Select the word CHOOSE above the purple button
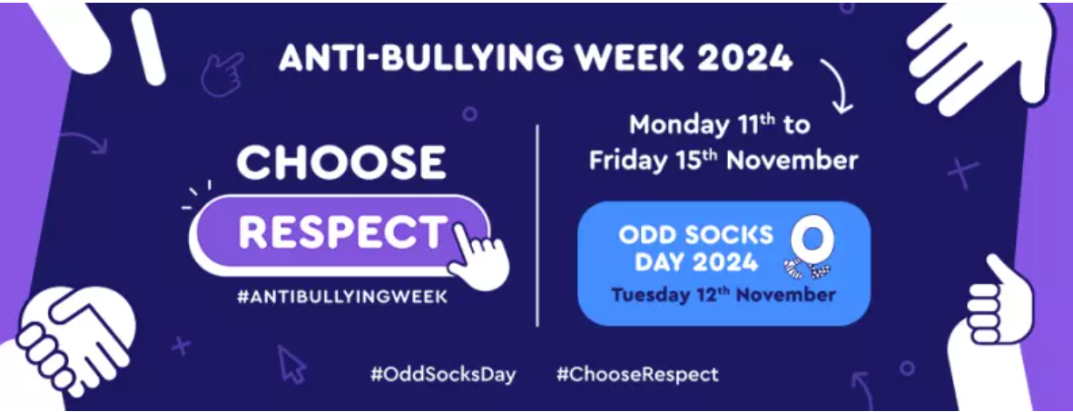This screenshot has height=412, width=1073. pyautogui.click(x=340, y=162)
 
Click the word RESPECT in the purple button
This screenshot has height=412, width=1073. pyautogui.click(x=341, y=232)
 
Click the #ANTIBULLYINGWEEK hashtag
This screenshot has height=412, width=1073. pyautogui.click(x=341, y=298)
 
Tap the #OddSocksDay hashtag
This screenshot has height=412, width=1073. pyautogui.click(x=443, y=375)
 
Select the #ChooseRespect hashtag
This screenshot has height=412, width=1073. pyautogui.click(x=637, y=375)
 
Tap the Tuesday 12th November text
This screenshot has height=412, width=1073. pyautogui.click(x=724, y=295)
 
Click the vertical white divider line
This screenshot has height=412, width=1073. pyautogui.click(x=537, y=225)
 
